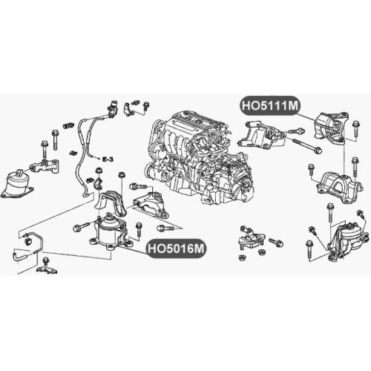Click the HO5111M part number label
pyautogui.click(x=270, y=105)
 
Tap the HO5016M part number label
pyautogui.click(x=177, y=249)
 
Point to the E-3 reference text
pyautogui.click(x=108, y=160)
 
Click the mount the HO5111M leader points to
pyautogui.click(x=331, y=129)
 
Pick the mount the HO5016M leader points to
pyautogui.click(x=111, y=232)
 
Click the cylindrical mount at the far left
pyautogui.click(x=17, y=184)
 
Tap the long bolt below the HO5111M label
pyautogui.click(x=307, y=145)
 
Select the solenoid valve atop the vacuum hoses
pyautogui.click(x=113, y=107)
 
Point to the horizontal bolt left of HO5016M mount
pyautogui.click(x=81, y=227)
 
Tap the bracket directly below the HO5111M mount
pyautogui.click(x=339, y=187)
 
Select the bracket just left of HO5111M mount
pyautogui.click(x=261, y=135)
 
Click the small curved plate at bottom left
pyautogui.click(x=47, y=269)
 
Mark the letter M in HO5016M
pyautogui.click(x=199, y=249)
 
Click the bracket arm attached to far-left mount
pyautogui.click(x=45, y=166)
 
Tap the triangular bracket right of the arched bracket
pyautogui.click(x=151, y=205)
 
